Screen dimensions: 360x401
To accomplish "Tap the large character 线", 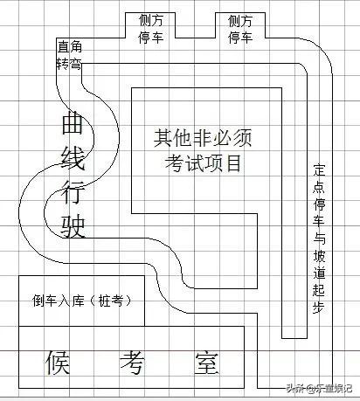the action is click(x=73, y=156).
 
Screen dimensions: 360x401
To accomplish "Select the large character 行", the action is click(x=73, y=191).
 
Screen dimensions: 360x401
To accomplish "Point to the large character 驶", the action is click(x=73, y=226).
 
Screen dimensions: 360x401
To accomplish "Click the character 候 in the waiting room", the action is click(x=58, y=363).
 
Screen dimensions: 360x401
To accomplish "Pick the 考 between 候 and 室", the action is click(x=132, y=363).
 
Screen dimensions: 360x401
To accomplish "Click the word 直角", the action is click(x=70, y=46).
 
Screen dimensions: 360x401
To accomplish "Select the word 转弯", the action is click(x=69, y=64).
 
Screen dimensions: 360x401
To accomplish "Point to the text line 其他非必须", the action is click(x=203, y=138).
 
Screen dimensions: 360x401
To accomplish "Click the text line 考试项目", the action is click(x=203, y=163).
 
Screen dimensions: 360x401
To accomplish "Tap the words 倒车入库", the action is click(x=59, y=301).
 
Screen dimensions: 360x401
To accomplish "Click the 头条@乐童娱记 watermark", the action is click(x=319, y=388).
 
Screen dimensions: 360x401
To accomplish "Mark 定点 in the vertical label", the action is click(x=319, y=178).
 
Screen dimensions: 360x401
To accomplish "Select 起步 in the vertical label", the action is click(x=319, y=298).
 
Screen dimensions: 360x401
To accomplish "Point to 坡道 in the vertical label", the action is click(x=319, y=265).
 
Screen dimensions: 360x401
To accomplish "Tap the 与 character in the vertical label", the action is click(x=319, y=239).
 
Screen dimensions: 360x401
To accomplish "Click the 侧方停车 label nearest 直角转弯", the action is click(x=150, y=29).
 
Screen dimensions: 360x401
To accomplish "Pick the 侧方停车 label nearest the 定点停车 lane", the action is click(x=240, y=29).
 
